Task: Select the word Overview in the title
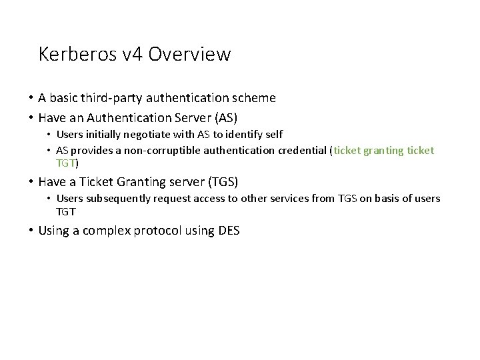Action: coord(191,54)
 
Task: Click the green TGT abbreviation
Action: coord(65,163)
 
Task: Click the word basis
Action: coord(392,199)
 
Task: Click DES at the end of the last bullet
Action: coord(229,231)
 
